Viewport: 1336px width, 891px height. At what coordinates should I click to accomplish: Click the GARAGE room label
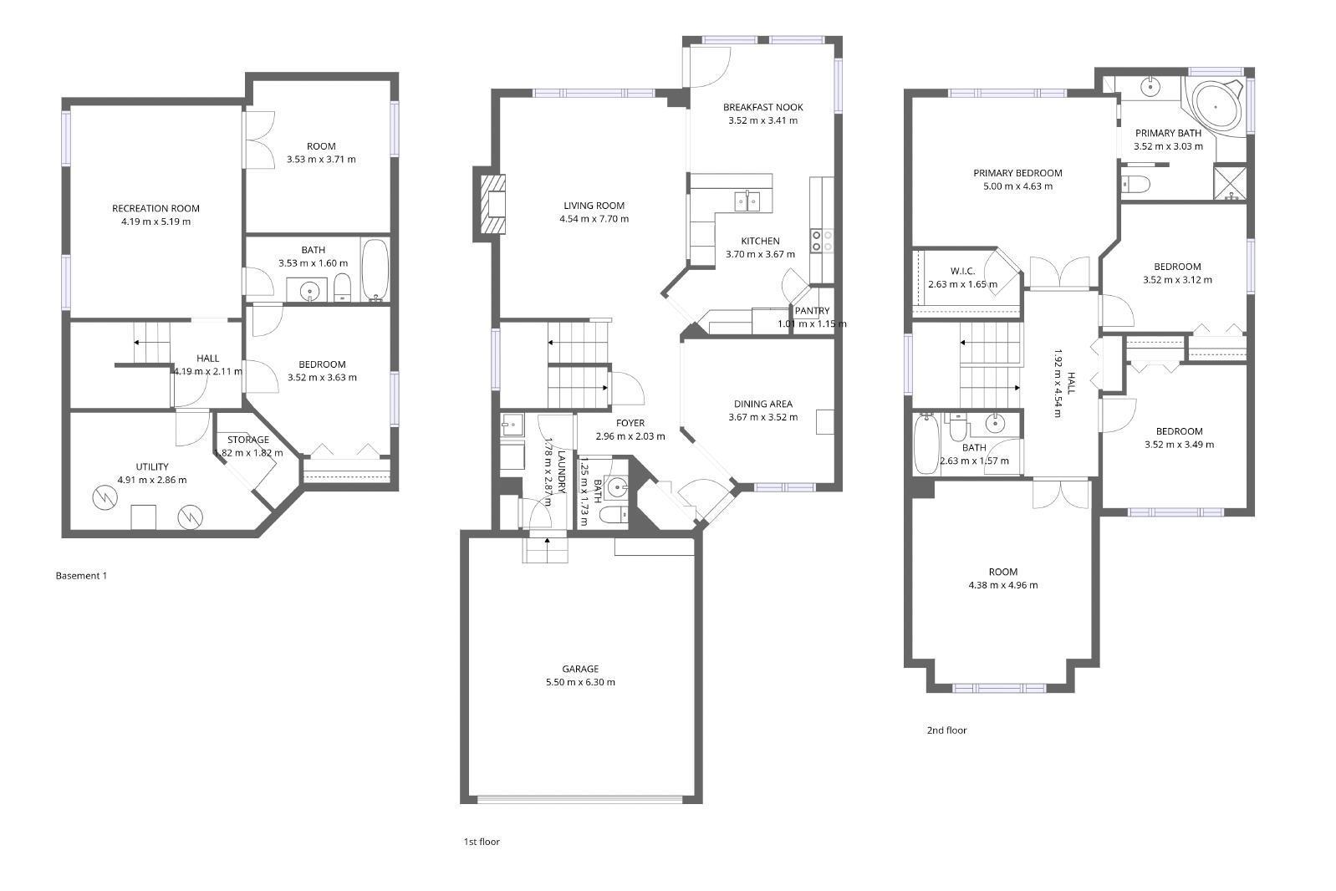pos(579,669)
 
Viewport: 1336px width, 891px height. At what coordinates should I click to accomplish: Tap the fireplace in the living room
pos(494,204)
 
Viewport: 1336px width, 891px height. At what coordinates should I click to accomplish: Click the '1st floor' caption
pos(482,842)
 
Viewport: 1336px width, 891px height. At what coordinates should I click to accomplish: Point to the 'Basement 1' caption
pos(81,576)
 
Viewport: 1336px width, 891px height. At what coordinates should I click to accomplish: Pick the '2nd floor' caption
pos(946,731)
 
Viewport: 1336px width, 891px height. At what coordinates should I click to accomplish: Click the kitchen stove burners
pos(821,241)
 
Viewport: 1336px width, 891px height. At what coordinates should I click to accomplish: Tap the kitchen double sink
pos(747,201)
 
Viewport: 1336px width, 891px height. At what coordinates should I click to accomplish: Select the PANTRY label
pos(812,311)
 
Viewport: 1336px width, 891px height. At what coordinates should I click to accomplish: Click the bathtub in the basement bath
pos(375,270)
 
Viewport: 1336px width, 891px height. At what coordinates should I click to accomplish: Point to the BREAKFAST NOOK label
pos(762,107)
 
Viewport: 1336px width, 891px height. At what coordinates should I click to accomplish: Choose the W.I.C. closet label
pos(962,272)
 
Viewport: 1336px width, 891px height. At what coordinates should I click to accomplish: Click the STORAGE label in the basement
pos(248,440)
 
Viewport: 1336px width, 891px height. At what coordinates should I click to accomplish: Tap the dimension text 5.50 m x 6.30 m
pos(579,682)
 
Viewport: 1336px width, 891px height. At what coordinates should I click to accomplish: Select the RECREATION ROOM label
pos(156,209)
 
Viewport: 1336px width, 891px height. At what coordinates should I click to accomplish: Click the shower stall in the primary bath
pos(1230,184)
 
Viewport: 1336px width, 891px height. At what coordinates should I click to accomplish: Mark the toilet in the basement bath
pos(343,289)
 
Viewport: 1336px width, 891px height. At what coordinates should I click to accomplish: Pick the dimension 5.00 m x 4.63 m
pos(1017,186)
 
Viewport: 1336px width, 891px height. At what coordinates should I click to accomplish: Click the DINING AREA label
pos(762,405)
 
